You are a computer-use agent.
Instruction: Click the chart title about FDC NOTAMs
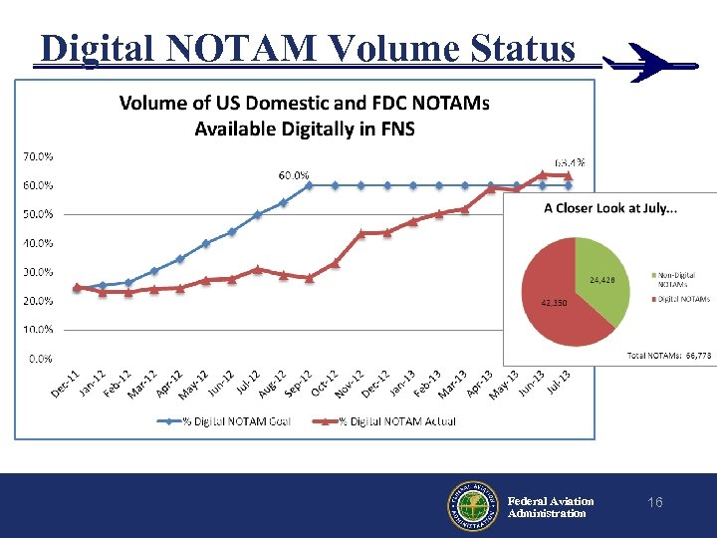tap(304, 115)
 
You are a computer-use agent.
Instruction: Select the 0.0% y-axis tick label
tap(41, 358)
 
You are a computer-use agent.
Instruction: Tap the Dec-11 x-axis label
tap(67, 385)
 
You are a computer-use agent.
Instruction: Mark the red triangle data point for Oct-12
tap(335, 263)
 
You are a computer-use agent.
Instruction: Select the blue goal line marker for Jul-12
tap(257, 214)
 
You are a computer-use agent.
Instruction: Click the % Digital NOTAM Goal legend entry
tap(226, 421)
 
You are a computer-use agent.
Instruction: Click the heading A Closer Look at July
tap(609, 208)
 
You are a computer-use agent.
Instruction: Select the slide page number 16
tap(654, 503)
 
